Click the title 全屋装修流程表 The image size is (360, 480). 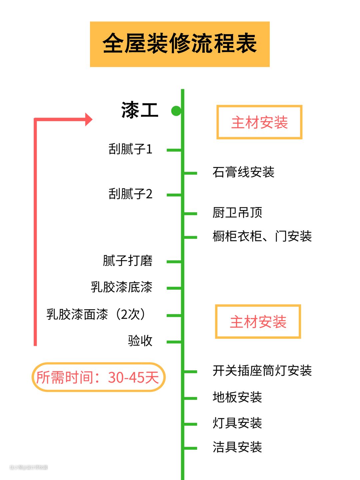(180, 44)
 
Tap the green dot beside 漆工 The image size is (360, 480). (176, 111)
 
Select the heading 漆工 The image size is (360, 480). (140, 110)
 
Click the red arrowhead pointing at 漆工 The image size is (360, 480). (88, 119)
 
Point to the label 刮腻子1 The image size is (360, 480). (130, 149)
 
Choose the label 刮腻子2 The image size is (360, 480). (130, 194)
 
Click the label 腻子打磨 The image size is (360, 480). (127, 261)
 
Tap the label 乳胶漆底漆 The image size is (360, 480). (121, 287)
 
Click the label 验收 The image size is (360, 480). (140, 341)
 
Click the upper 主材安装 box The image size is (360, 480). (259, 122)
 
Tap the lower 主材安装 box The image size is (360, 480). (258, 322)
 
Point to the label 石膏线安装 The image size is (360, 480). (243, 172)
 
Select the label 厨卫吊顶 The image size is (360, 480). (237, 212)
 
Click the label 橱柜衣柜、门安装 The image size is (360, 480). (262, 236)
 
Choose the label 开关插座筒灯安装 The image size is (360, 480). (262, 371)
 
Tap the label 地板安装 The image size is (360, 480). (237, 397)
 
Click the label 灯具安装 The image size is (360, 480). (237, 423)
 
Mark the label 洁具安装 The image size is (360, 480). (237, 447)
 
